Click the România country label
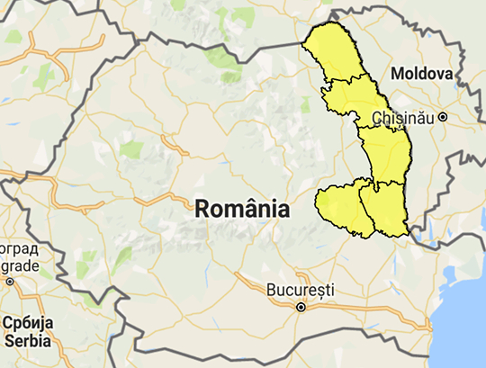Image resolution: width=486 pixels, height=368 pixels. tap(242, 209)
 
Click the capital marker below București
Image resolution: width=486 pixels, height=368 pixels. tap(301, 307)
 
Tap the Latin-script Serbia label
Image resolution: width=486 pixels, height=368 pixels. tap(27, 340)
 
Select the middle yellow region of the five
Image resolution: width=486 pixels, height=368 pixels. tap(386, 153)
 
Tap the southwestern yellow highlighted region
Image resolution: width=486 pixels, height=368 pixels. tap(341, 208)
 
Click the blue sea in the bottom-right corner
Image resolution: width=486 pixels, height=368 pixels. tap(463, 333)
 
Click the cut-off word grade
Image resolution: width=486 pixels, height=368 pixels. tap(18, 265)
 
